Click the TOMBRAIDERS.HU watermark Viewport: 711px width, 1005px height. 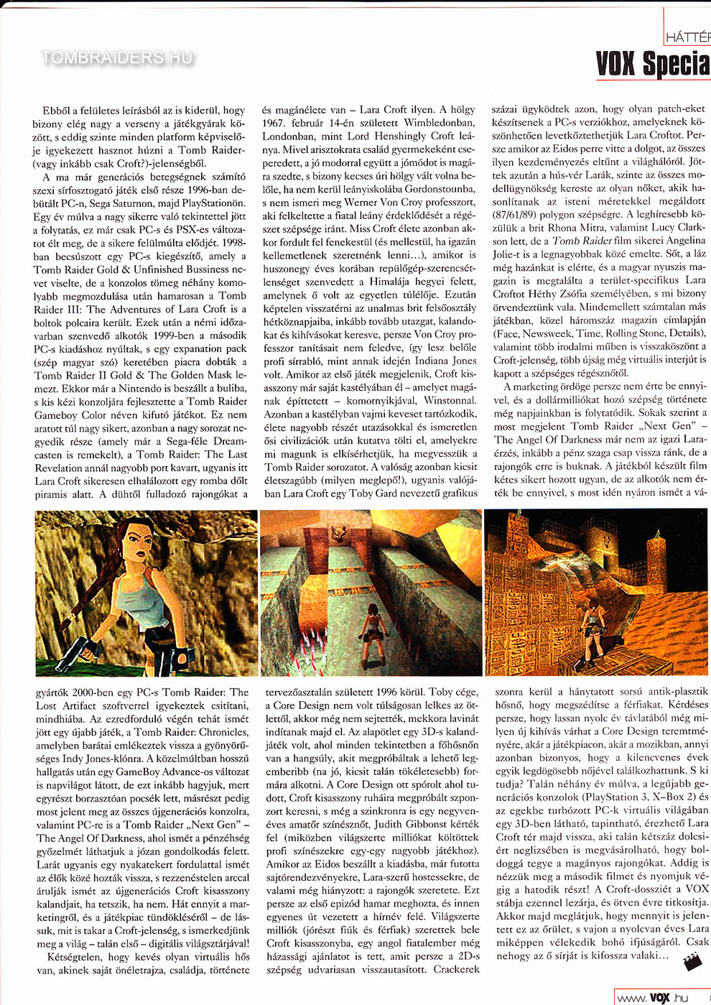point(116,57)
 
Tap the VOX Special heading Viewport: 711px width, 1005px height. point(652,64)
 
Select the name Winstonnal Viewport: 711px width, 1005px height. point(449,400)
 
